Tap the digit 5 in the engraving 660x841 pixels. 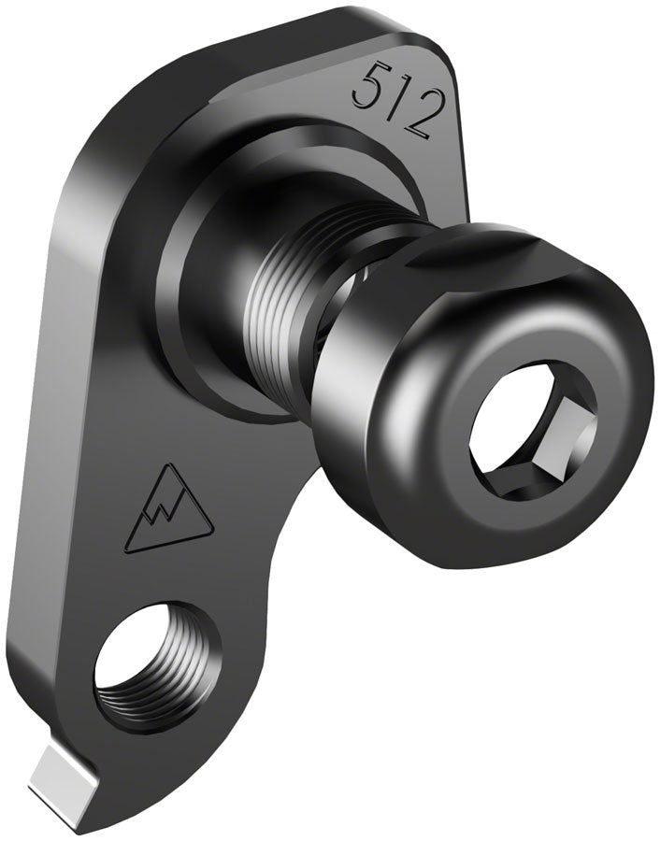[366, 86]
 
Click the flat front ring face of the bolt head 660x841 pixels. [467, 505]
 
